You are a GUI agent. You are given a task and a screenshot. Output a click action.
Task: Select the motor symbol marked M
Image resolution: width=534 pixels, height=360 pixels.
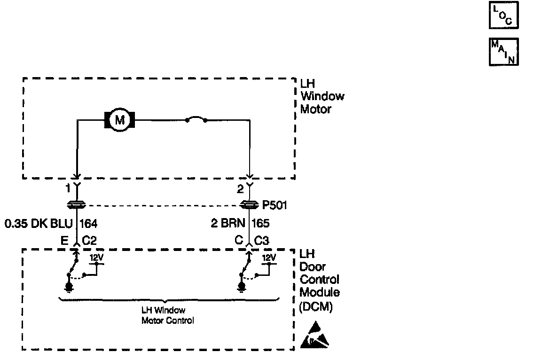[x=119, y=120]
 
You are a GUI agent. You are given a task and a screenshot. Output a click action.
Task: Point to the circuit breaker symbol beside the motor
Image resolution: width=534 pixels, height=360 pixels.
[x=196, y=121]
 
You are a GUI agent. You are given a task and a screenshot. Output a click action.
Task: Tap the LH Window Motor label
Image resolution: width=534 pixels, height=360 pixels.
[x=322, y=96]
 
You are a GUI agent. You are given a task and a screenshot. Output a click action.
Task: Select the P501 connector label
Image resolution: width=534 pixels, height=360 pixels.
[x=275, y=205]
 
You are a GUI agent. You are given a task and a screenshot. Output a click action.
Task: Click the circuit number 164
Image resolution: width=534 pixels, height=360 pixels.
[x=89, y=223]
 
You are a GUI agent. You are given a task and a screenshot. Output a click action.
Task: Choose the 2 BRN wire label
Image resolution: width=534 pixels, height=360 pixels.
[x=230, y=223]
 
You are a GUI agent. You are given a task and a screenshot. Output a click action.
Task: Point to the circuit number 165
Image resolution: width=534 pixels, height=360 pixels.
[x=261, y=223]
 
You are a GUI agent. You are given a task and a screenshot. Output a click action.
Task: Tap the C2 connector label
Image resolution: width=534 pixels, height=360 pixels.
[x=89, y=241]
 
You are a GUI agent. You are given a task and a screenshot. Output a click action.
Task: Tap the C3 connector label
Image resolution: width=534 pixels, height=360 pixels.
[x=262, y=241]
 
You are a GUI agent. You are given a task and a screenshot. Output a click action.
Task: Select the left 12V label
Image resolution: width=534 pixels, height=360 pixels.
[x=96, y=258]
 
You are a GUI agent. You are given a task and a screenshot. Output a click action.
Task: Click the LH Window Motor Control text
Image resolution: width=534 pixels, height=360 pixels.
[x=168, y=315]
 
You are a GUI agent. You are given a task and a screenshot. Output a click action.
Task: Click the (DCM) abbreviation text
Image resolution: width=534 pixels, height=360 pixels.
[x=316, y=308]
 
